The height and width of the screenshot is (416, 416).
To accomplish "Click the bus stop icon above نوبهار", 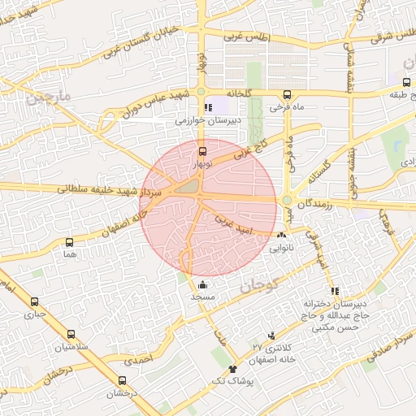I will (x=202, y=151).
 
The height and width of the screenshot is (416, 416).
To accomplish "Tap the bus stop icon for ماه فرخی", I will (x=287, y=94).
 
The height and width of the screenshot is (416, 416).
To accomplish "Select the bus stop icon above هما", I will (x=69, y=242).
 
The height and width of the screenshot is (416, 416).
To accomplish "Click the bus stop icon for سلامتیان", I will (x=71, y=334).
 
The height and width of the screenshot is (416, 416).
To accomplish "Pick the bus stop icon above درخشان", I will (x=123, y=380).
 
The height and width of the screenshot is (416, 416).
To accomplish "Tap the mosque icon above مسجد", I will (x=201, y=284).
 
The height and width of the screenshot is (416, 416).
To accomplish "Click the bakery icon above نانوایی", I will (x=281, y=235).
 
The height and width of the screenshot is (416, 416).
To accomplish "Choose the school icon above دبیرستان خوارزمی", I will (x=209, y=107).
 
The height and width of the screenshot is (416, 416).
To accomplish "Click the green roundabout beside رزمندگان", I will (x=287, y=201).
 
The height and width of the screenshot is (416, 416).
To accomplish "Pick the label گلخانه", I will (x=241, y=93).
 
